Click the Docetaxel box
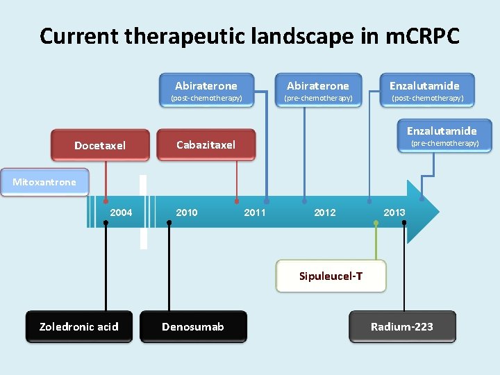click(101, 145)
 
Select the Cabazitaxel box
click(206, 144)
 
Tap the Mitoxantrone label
click(44, 182)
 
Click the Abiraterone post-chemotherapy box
click(206, 91)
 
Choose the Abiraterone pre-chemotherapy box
click(318, 91)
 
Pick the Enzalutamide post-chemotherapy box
click(424, 91)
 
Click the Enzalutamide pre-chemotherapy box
click(442, 136)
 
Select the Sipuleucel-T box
click(331, 276)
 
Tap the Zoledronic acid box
click(79, 326)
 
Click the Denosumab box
click(193, 326)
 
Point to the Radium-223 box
click(402, 326)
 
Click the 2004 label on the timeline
click(121, 212)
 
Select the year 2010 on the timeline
click(186, 212)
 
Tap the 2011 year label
click(255, 212)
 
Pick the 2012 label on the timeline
click(325, 212)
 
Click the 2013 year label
click(394, 212)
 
